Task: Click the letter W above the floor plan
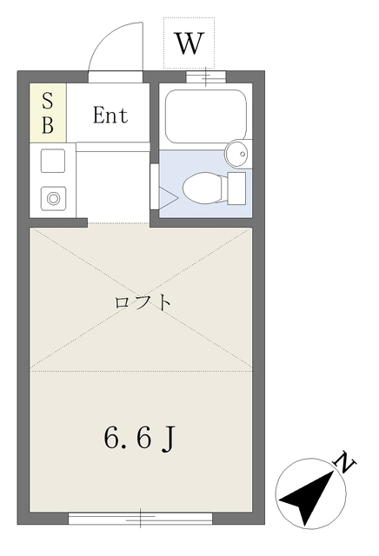click(189, 43)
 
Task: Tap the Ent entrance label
click(110, 116)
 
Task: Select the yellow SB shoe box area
click(48, 113)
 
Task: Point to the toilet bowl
click(203, 188)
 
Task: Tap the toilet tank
click(236, 189)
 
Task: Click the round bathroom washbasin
click(238, 154)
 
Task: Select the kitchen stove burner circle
click(53, 198)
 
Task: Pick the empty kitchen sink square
click(53, 161)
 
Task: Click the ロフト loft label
click(143, 303)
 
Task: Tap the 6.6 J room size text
click(139, 438)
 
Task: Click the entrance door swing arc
click(103, 38)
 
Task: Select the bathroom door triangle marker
click(169, 197)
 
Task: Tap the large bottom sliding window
click(141, 518)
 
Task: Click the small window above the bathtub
click(206, 76)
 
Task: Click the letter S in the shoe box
click(48, 101)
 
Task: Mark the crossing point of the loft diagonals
click(141, 298)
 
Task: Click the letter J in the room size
click(169, 440)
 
